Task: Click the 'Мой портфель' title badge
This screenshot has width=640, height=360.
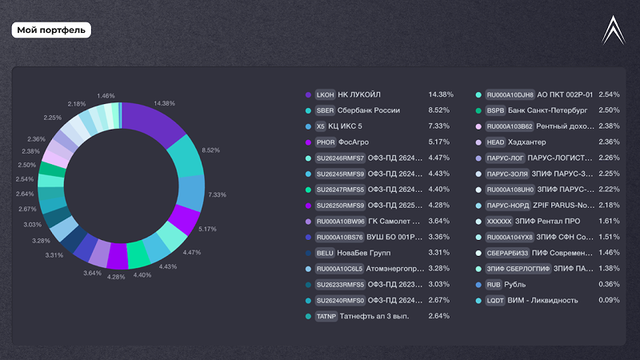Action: pyautogui.click(x=51, y=30)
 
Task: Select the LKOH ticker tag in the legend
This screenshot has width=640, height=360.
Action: pyautogui.click(x=325, y=94)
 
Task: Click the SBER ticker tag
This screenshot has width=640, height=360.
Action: pyautogui.click(x=325, y=110)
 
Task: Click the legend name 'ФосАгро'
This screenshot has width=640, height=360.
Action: pyautogui.click(x=354, y=142)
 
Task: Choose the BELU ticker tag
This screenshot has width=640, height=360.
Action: pyautogui.click(x=325, y=253)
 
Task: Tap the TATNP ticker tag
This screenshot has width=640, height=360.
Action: pyautogui.click(x=326, y=316)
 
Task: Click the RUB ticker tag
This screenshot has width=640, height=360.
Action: pyautogui.click(x=494, y=285)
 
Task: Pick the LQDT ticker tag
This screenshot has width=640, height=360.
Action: pyautogui.click(x=495, y=301)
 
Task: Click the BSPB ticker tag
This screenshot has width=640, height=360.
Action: pyautogui.click(x=495, y=110)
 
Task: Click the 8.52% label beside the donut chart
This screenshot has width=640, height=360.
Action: pyautogui.click(x=210, y=150)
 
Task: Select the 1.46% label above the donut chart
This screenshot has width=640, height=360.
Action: pyautogui.click(x=106, y=96)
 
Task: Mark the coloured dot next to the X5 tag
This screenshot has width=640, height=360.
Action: pyautogui.click(x=308, y=126)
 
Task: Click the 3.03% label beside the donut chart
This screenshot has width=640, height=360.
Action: pyautogui.click(x=33, y=225)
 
